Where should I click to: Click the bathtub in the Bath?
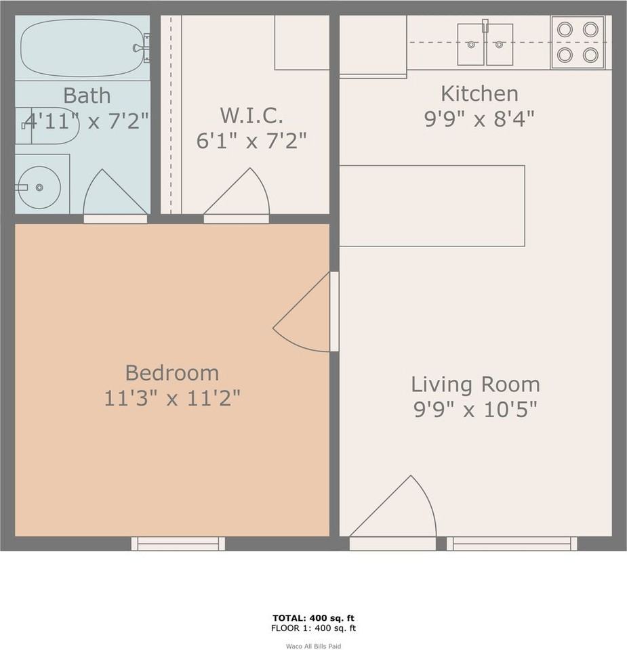pyautogui.click(x=82, y=48)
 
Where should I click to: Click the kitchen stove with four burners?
pyautogui.click(x=578, y=42)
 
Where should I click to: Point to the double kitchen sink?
pyautogui.click(x=485, y=44)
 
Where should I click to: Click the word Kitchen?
pyautogui.click(x=479, y=93)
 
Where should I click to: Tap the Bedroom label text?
pyautogui.click(x=172, y=372)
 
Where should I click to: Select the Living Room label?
pyautogui.click(x=475, y=385)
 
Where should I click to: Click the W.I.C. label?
pyautogui.click(x=251, y=115)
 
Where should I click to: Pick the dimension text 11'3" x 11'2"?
pyautogui.click(x=172, y=398)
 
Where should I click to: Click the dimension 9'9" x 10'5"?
pyautogui.click(x=475, y=410)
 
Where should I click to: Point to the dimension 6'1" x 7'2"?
pyautogui.click(x=251, y=141)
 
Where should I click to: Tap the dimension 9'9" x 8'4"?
pyautogui.click(x=479, y=119)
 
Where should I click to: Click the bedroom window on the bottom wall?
pyautogui.click(x=178, y=543)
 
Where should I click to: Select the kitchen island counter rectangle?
pyautogui.click(x=432, y=205)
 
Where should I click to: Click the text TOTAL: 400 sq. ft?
pyautogui.click(x=313, y=617)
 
